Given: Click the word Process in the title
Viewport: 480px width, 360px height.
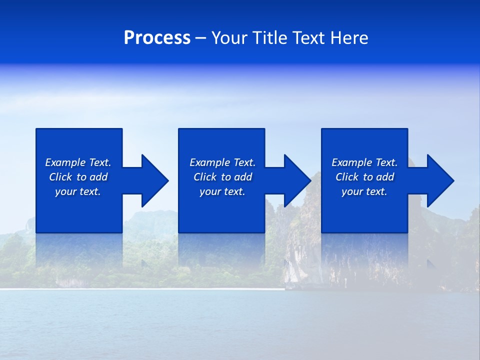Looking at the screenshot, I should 157,38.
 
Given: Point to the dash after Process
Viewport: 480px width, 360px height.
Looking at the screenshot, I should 201,38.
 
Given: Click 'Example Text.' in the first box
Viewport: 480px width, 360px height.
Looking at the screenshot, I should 78,162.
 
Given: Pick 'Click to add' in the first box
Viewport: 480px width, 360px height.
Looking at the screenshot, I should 78,177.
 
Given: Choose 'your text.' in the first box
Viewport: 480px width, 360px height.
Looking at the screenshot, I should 78,191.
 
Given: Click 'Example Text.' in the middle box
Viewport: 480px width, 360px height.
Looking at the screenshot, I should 222,162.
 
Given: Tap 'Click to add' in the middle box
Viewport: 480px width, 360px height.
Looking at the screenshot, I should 222,177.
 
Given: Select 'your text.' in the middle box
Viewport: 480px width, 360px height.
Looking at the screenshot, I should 222,191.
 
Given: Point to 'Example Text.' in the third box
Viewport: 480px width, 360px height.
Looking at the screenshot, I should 364,162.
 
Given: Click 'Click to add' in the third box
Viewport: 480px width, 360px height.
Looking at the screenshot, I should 364,177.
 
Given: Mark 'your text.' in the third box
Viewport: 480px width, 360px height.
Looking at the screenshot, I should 364,191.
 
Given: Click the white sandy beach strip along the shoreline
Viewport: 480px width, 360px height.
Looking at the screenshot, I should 140,289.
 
